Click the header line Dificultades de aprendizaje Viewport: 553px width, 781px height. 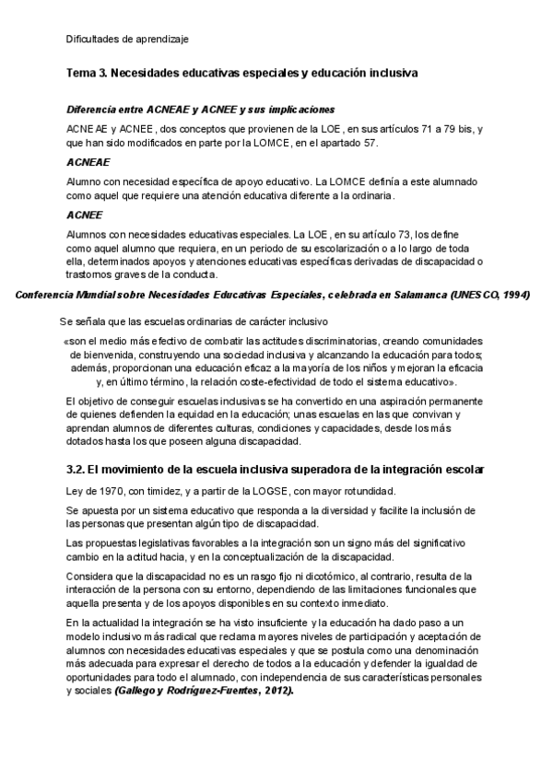pos(127,39)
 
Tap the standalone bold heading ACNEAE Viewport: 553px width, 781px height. pos(88,161)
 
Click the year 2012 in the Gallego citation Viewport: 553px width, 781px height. pos(273,690)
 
